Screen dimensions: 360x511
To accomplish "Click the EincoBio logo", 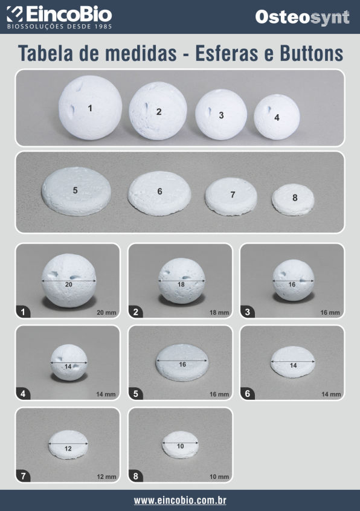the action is coord(59,18).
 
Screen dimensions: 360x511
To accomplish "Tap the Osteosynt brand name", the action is coord(303,18).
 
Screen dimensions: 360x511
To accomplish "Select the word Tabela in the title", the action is coord(47,53).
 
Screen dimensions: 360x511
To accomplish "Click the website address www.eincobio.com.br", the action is coord(180,500).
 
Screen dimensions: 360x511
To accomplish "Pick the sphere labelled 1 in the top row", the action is coord(90,108).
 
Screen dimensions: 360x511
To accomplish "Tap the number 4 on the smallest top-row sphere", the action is coord(277,118).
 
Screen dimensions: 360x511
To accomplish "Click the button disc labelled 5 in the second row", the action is coord(76,191).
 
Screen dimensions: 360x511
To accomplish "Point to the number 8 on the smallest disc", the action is coord(295,198).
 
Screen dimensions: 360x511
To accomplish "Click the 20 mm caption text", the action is coord(106,312).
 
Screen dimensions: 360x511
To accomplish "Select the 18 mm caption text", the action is coord(219,312).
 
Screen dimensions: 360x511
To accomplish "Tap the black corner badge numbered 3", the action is coord(248,312).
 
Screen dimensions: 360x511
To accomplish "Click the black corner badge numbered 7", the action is coord(23,476).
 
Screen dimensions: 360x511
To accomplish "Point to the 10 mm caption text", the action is coord(219,477).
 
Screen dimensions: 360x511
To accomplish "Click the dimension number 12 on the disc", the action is coord(68,449).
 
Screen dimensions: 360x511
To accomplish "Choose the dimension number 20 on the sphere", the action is coord(69,284).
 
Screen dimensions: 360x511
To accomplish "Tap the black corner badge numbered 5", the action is coord(136,394).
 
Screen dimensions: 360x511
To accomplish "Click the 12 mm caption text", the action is coord(106,477).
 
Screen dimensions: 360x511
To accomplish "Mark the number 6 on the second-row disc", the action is coord(159,191).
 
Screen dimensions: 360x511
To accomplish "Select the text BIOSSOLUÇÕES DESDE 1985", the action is coord(60,27).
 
